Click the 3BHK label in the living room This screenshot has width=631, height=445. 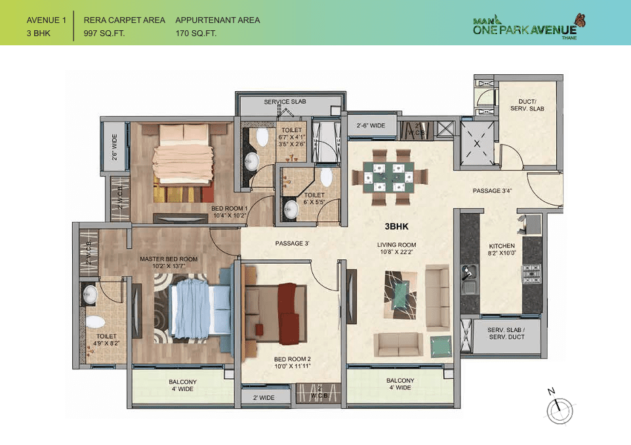(x=397, y=226)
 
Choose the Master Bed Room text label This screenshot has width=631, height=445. (x=169, y=259)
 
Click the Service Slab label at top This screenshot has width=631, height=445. (x=285, y=102)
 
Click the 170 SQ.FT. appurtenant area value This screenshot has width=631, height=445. (x=196, y=33)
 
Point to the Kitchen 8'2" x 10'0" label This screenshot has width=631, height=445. (x=502, y=249)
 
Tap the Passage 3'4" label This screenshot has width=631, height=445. (x=492, y=191)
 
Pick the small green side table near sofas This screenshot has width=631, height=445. (x=439, y=344)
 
